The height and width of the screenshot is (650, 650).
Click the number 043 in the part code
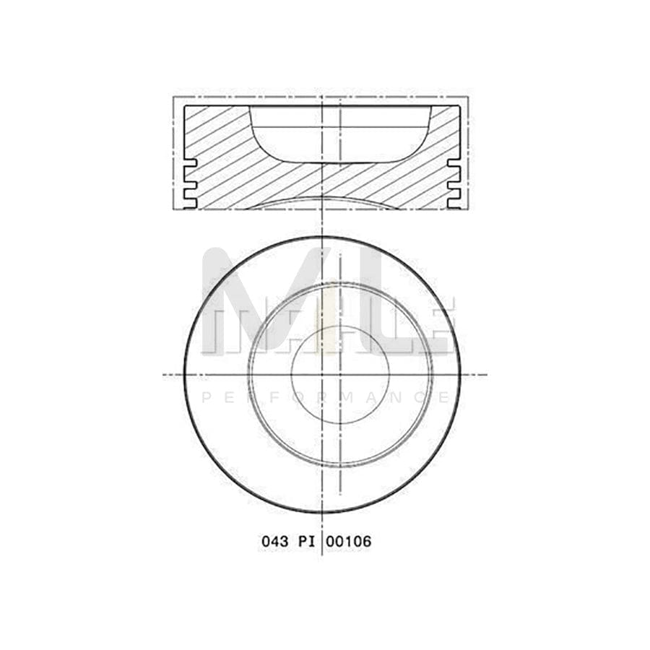[275, 540]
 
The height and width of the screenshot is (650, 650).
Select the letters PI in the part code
[308, 540]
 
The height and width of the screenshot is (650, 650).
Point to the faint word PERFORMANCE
[325, 397]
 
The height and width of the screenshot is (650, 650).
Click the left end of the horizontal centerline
[163, 374]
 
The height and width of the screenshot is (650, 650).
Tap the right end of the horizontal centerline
[485, 374]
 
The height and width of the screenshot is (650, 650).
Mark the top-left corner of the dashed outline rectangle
[173, 96]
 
